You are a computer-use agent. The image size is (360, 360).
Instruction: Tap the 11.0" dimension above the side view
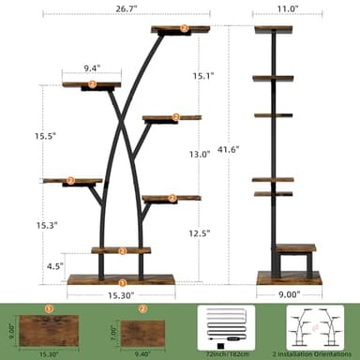(288, 8)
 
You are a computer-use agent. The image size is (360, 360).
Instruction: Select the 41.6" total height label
(227, 148)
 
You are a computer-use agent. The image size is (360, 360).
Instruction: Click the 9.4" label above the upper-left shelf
(91, 67)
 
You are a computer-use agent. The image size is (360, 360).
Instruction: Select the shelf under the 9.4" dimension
(92, 85)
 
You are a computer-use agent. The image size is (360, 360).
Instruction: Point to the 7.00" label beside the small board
(113, 332)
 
